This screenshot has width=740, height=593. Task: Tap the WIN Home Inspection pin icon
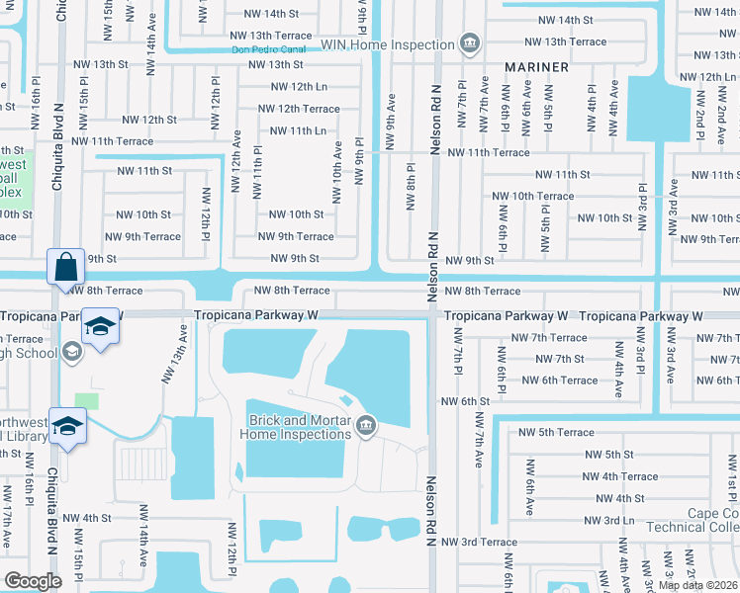[470, 43]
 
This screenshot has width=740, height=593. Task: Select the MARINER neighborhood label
[536, 67]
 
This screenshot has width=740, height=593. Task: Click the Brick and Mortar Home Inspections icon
[367, 425]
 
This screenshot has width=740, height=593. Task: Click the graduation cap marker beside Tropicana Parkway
[99, 326]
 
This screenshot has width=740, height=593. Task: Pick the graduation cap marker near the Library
[66, 427]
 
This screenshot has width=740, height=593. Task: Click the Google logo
[33, 580]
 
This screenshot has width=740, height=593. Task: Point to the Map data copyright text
[696, 585]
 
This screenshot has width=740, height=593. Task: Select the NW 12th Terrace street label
[299, 109]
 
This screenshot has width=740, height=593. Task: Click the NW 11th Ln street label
[298, 130]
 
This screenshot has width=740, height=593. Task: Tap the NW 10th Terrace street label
[533, 196]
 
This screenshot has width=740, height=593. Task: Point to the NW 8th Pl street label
[410, 187]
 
